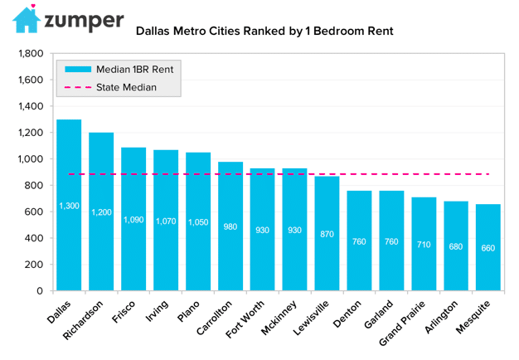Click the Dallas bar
click(x=69, y=205)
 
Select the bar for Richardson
click(x=101, y=212)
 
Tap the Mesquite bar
click(x=488, y=247)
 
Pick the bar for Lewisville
click(x=327, y=233)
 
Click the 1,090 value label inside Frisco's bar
click(x=133, y=220)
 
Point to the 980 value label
click(x=230, y=226)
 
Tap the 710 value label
click(x=424, y=245)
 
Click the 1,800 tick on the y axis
click(x=31, y=53)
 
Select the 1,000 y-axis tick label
click(x=31, y=159)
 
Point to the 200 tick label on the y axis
click(x=34, y=265)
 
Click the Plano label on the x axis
click(x=188, y=311)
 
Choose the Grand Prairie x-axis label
click(x=402, y=324)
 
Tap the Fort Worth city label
click(x=245, y=319)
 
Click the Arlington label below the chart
click(x=441, y=317)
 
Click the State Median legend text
click(x=126, y=87)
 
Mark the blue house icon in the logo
click(x=27, y=21)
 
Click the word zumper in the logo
click(x=84, y=21)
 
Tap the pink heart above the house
click(x=33, y=6)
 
